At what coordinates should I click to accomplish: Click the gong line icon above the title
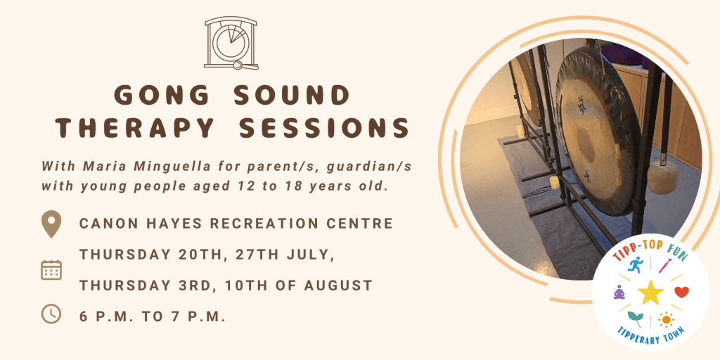point(231,44)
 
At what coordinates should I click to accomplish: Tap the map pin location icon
point(51,224)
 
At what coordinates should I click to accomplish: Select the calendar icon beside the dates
point(51,270)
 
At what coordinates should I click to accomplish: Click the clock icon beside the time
point(51,314)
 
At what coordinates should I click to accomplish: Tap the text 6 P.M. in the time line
point(108,316)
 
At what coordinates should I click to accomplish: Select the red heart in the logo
point(681,291)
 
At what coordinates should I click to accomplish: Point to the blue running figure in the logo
point(636,264)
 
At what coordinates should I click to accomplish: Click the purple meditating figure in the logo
point(619,292)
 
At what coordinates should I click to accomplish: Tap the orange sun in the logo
point(666,320)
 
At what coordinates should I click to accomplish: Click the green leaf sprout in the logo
point(635,319)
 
